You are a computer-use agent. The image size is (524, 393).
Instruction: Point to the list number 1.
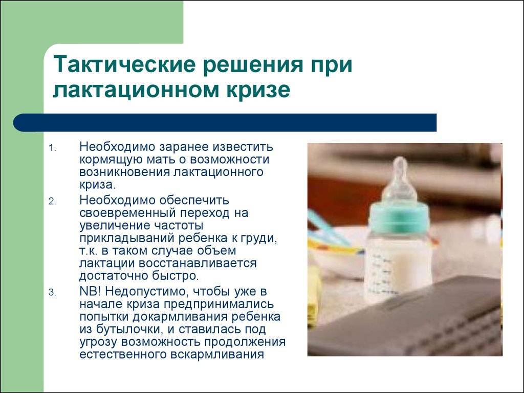click(x=53, y=148)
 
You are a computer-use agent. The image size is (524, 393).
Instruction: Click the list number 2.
click(x=53, y=202)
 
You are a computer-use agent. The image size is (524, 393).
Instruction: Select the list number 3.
click(x=53, y=293)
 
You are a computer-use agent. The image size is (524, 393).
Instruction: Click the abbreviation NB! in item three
click(x=90, y=291)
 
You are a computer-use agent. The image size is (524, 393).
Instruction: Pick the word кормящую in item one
click(x=106, y=160)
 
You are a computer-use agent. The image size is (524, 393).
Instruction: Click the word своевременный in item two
click(x=127, y=213)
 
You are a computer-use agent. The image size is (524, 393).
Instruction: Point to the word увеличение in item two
click(x=114, y=226)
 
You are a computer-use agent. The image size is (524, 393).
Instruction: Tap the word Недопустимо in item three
click(x=145, y=292)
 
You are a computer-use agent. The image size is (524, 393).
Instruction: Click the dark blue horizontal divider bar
click(x=225, y=123)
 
